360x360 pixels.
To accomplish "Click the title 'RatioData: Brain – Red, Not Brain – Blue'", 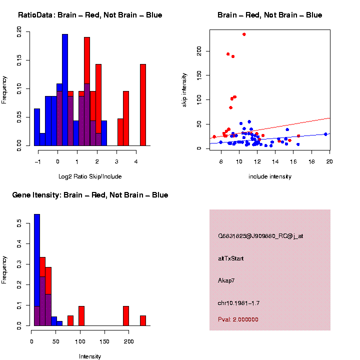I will [x=90, y=15].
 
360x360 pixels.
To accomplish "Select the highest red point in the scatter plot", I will [x=244, y=34].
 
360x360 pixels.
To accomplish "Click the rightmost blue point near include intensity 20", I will [x=325, y=134].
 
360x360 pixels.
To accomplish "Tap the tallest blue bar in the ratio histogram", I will [x=65, y=90].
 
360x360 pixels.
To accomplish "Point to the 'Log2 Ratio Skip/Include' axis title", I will [x=90, y=176].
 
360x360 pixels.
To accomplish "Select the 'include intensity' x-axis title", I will [x=270, y=176].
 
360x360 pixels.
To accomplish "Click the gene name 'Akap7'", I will [x=226, y=280].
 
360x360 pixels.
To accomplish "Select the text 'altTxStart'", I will [x=231, y=258].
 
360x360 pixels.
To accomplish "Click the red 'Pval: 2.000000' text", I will [x=238, y=319].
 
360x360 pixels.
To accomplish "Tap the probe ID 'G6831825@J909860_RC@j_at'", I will [x=260, y=236].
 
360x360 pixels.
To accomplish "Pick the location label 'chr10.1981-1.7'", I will [x=239, y=303].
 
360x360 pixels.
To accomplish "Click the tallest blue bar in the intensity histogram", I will [x=37, y=270].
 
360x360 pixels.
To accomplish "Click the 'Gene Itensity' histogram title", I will [x=90, y=195].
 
